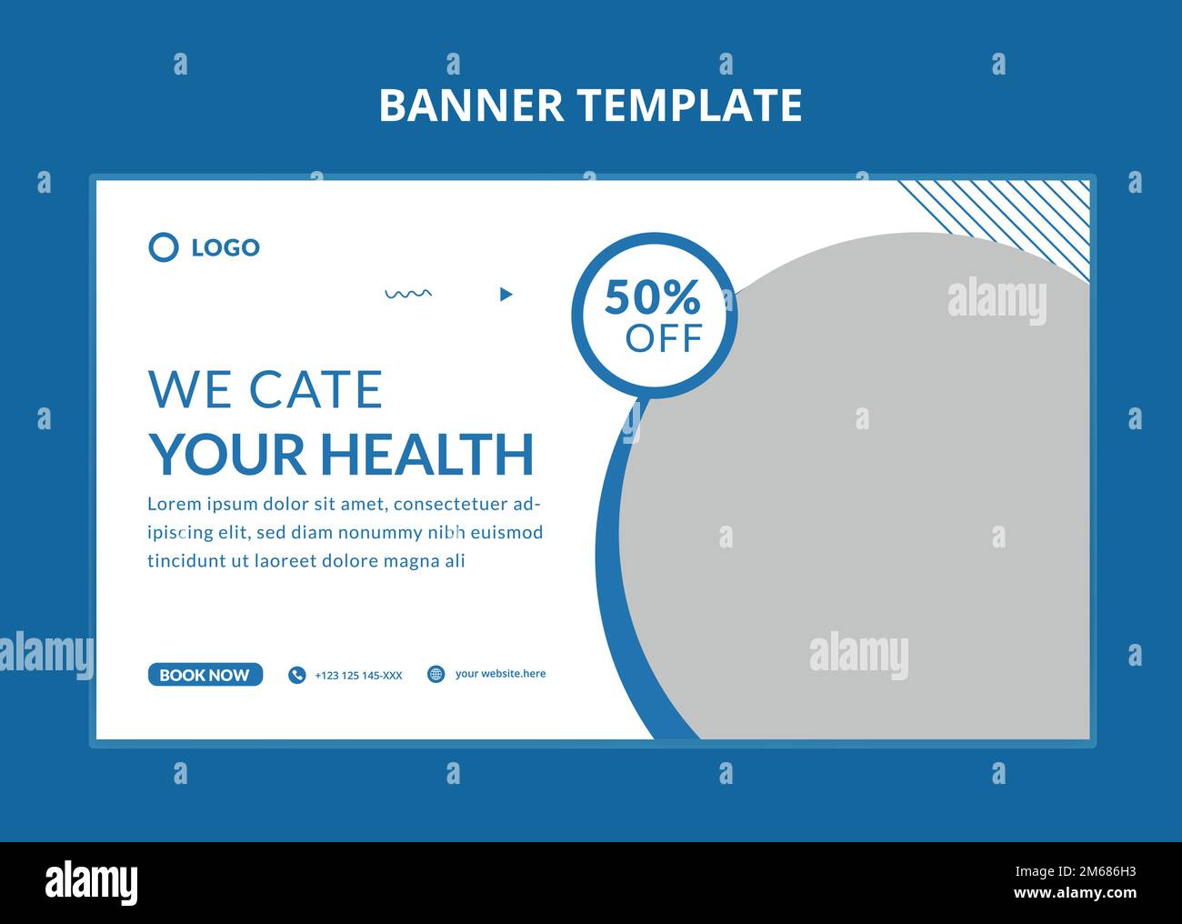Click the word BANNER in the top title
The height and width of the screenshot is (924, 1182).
471,105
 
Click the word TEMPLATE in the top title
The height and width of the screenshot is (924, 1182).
691,105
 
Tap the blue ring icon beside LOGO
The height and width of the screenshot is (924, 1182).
164,246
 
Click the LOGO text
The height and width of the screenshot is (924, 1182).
225,247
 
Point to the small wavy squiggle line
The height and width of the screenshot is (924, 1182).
408,294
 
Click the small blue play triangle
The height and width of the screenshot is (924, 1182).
506,294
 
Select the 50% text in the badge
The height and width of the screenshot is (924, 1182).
652,296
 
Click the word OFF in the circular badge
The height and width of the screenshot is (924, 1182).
664,338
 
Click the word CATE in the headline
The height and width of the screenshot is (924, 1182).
316,389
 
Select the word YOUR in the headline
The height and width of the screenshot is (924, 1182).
227,454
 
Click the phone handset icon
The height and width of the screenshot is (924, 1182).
296,675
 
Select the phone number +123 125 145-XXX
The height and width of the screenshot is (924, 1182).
358,675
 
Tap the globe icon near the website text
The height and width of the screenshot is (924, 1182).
436,674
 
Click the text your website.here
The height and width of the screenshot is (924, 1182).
500,674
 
